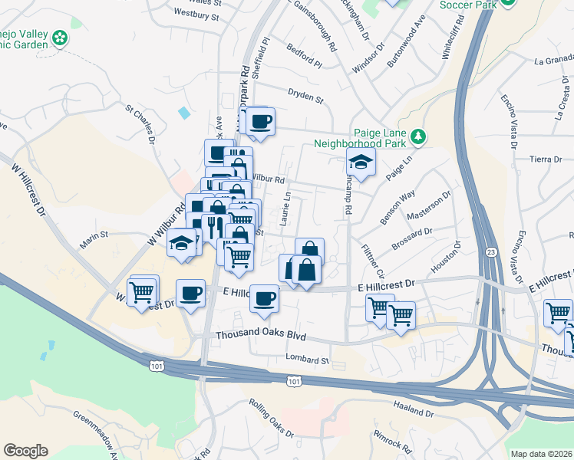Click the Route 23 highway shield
coord(489,252)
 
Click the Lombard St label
coord(307,359)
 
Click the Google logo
coord(25,451)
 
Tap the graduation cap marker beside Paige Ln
coord(360,162)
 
